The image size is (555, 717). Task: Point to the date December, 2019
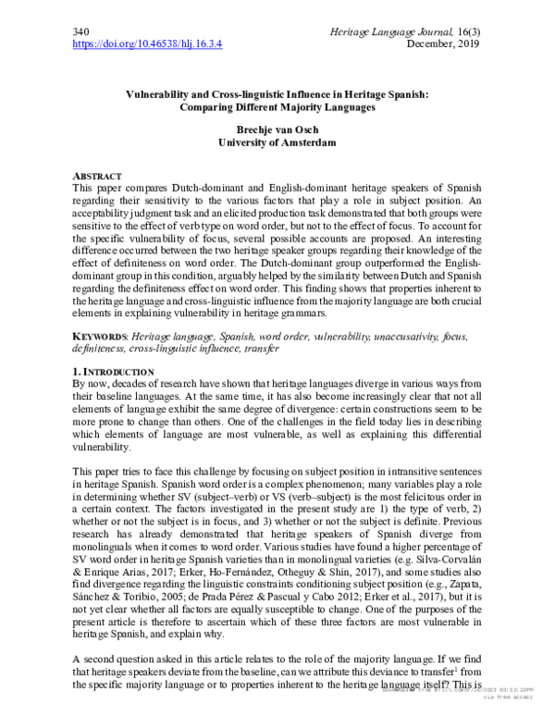tap(445, 43)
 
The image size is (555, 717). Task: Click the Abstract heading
tap(102, 174)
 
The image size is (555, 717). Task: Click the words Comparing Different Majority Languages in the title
tap(277, 106)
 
